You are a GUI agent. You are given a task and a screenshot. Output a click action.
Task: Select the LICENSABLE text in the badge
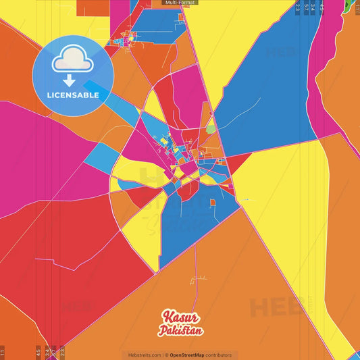click(x=73, y=95)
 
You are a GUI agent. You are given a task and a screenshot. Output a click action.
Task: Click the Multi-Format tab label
click(x=180, y=3)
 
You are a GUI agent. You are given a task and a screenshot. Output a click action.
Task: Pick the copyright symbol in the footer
click(x=166, y=355)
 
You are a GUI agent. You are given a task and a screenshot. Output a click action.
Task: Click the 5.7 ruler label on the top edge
click(x=306, y=7)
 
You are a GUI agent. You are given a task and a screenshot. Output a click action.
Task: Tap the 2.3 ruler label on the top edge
click(x=297, y=7)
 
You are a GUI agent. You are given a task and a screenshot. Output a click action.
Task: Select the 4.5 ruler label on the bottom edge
click(x=38, y=352)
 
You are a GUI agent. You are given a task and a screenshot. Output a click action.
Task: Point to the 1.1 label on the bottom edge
click(x=2, y=352)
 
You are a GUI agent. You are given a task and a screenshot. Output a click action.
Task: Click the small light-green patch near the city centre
click(x=211, y=128)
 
